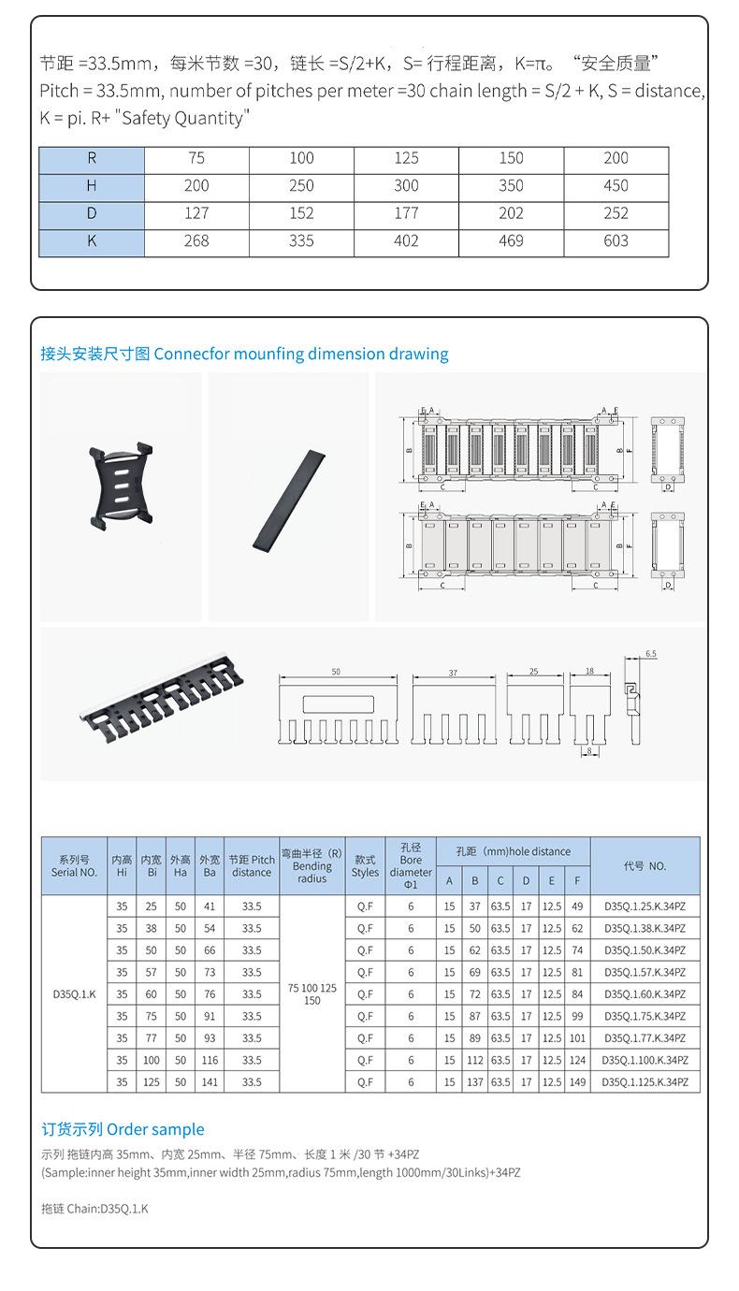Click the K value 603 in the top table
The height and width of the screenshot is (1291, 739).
click(616, 241)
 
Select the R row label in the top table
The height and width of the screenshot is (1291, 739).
click(92, 159)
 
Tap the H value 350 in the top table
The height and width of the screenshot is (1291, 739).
click(511, 186)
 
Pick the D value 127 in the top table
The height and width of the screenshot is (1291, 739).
click(196, 213)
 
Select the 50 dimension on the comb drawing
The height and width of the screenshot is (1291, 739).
click(336, 673)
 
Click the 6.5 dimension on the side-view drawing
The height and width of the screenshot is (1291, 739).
click(651, 654)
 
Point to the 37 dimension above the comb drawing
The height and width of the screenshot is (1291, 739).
click(453, 673)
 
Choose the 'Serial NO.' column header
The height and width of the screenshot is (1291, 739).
click(74, 866)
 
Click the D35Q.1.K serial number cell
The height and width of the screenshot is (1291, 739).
click(74, 994)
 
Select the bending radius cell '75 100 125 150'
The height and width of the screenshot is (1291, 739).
click(312, 994)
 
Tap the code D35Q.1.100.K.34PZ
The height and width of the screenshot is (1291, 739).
click(645, 1060)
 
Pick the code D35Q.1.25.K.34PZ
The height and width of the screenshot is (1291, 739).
click(645, 906)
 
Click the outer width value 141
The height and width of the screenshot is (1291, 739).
click(210, 1082)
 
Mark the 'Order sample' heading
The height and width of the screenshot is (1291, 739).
click(123, 1129)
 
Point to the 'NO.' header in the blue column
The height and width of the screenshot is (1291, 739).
click(645, 866)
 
